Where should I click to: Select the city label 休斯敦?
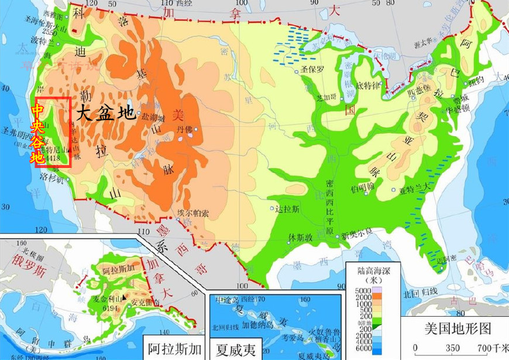point(300,237)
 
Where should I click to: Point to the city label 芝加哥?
point(326,98)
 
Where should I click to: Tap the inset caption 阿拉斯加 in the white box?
point(174,349)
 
